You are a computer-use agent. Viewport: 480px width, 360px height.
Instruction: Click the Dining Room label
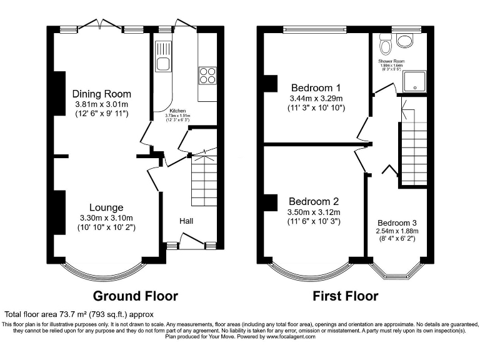click(x=101, y=94)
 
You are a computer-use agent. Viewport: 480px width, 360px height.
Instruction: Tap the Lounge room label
click(x=106, y=207)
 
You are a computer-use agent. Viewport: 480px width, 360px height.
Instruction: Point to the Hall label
click(x=186, y=221)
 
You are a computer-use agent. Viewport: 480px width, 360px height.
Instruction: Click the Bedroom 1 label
click(x=316, y=87)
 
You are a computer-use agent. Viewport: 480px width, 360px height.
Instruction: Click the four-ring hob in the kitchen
click(x=207, y=75)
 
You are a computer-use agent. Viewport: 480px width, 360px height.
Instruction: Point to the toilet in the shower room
click(x=386, y=45)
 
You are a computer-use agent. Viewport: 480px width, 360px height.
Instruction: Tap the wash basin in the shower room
click(x=405, y=41)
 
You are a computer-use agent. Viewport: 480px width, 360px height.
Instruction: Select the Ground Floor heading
click(x=135, y=296)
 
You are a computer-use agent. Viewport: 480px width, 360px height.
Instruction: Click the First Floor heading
click(x=345, y=296)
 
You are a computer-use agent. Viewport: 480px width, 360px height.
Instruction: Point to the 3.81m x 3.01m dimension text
click(x=101, y=104)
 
